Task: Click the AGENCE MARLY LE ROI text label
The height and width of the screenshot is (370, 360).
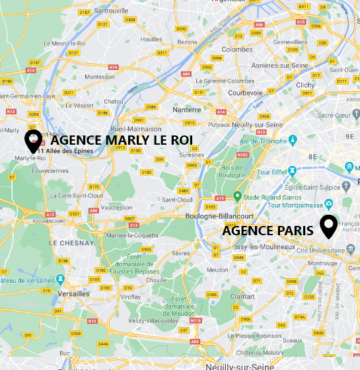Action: click(121, 141)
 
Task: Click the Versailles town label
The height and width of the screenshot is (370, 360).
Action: click(74, 293)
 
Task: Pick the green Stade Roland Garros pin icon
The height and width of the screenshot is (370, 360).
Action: click(237, 196)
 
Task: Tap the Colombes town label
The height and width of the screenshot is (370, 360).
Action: click(237, 50)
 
